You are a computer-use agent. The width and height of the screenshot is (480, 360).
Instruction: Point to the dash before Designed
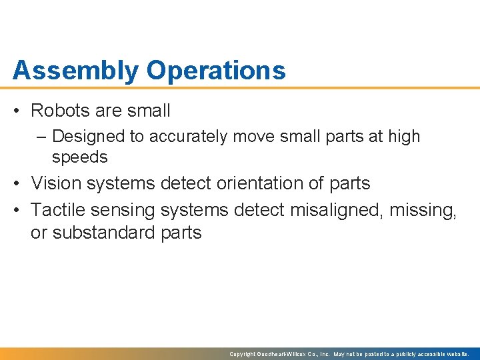pos(43,137)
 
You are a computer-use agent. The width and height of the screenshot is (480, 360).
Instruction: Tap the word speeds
pos(79,157)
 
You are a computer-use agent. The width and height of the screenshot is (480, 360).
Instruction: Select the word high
pos(404,137)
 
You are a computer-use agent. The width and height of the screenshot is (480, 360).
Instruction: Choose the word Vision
pos(57,183)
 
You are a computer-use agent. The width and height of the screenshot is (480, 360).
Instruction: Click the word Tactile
pos(59,211)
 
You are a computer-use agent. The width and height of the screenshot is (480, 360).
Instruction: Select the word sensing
pos(125,211)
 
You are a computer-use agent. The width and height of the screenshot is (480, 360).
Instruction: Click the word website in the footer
pos(455,354)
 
